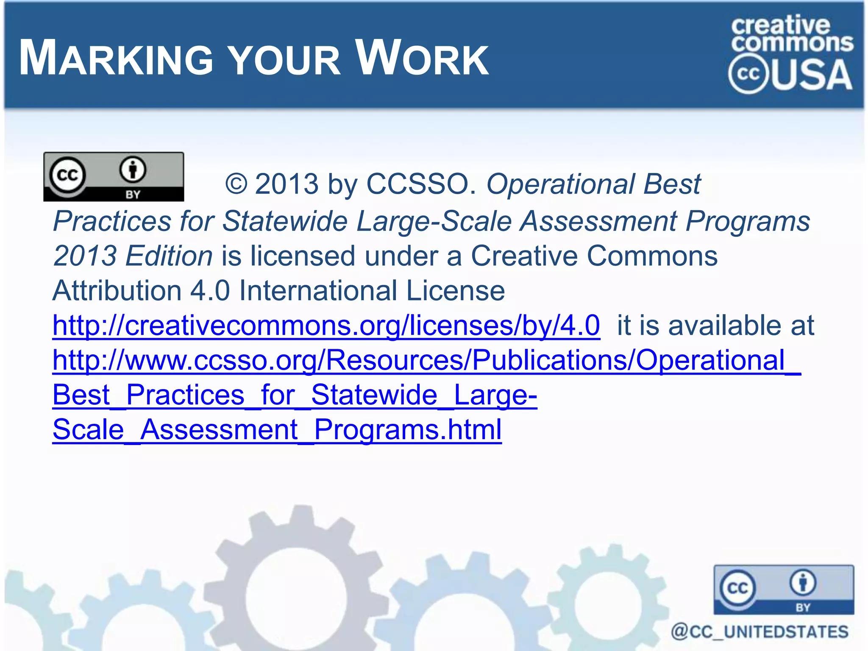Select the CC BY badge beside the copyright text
point(114,176)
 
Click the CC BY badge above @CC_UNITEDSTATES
point(784,590)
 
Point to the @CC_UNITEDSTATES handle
point(759,632)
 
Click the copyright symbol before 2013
point(236,184)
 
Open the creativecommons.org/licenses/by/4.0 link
point(326,325)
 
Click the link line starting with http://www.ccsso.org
point(426,360)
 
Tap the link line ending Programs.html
point(277,430)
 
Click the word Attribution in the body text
point(117,291)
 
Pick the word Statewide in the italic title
point(285,221)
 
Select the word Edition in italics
point(170,256)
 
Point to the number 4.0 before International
point(210,291)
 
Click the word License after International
point(455,291)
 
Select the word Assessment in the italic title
point(598,221)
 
